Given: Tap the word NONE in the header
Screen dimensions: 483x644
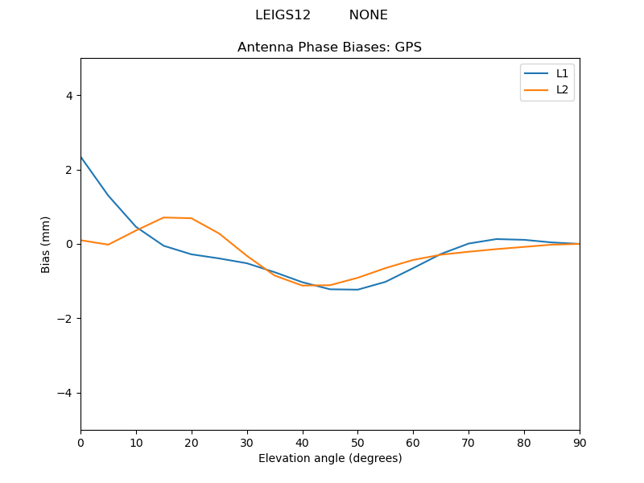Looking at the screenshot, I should [x=368, y=15].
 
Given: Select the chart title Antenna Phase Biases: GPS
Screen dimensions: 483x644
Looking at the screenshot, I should [x=329, y=47].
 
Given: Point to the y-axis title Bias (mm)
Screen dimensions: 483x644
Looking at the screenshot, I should [x=46, y=244].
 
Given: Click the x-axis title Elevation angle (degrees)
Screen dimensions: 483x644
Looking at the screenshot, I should [x=330, y=458].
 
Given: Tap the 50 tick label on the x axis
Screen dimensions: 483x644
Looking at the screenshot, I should [x=357, y=442].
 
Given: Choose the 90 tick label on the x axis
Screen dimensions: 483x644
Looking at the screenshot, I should [x=580, y=442].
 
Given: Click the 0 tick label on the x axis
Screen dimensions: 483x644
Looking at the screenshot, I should [x=80, y=442].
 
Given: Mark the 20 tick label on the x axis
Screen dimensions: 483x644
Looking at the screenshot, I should [x=192, y=442].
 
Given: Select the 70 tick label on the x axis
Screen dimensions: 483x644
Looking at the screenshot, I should [x=469, y=442].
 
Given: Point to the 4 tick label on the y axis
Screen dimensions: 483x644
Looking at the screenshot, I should [x=69, y=95].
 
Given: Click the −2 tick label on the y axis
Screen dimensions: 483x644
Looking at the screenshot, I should [x=66, y=318].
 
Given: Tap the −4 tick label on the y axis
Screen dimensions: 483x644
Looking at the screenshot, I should [x=66, y=393].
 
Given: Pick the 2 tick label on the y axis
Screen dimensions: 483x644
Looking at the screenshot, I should [x=69, y=170].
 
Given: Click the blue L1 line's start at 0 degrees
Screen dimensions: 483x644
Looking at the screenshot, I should [x=81, y=157].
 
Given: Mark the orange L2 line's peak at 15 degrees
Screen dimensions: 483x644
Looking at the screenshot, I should [x=163, y=217].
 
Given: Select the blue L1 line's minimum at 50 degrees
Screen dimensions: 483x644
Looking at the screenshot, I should [x=357, y=290].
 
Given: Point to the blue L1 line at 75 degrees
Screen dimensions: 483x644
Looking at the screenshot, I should [x=497, y=239].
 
